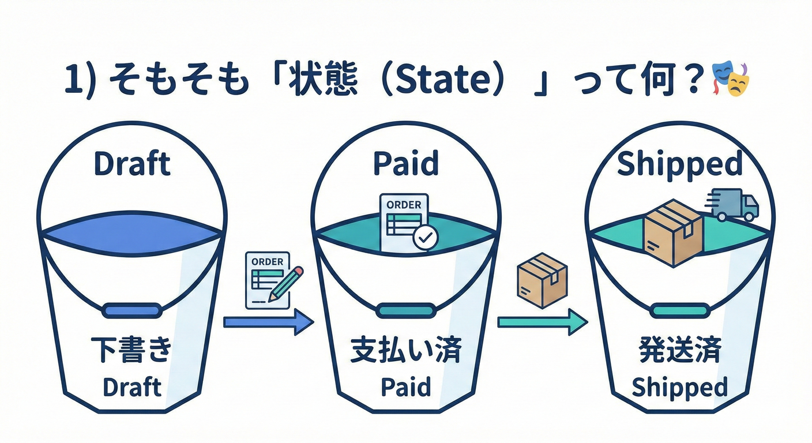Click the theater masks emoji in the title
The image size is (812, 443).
click(730, 80)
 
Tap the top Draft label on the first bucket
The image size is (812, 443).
click(132, 164)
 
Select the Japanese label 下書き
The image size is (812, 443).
click(131, 351)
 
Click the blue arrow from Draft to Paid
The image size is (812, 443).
click(268, 321)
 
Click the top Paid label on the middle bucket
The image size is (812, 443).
click(405, 164)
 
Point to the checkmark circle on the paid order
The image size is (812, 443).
click(426, 236)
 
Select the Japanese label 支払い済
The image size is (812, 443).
click(406, 351)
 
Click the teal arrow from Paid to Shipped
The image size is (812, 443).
click(542, 321)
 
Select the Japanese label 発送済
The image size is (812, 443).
click(680, 351)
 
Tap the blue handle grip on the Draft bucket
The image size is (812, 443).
click(132, 310)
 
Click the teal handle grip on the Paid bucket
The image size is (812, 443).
click(406, 310)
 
